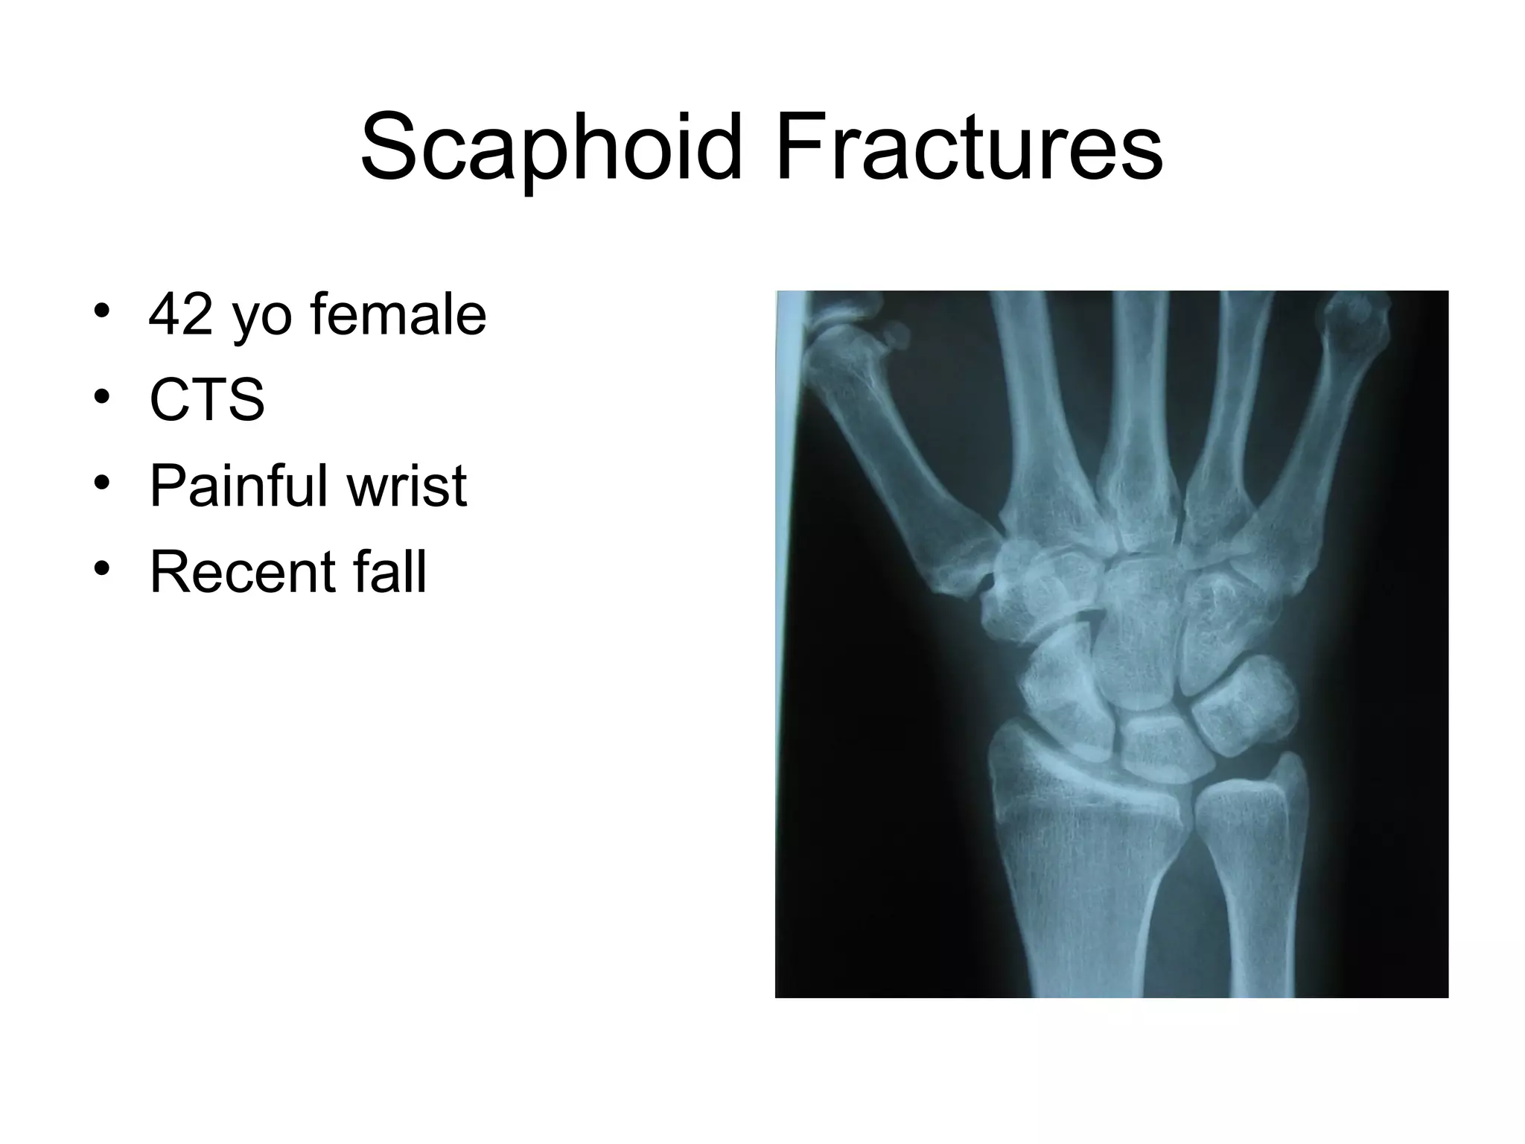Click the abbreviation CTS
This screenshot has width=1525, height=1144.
pyautogui.click(x=207, y=400)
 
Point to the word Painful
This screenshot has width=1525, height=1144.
pyautogui.click(x=238, y=486)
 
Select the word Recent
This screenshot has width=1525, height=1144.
pyautogui.click(x=240, y=572)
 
